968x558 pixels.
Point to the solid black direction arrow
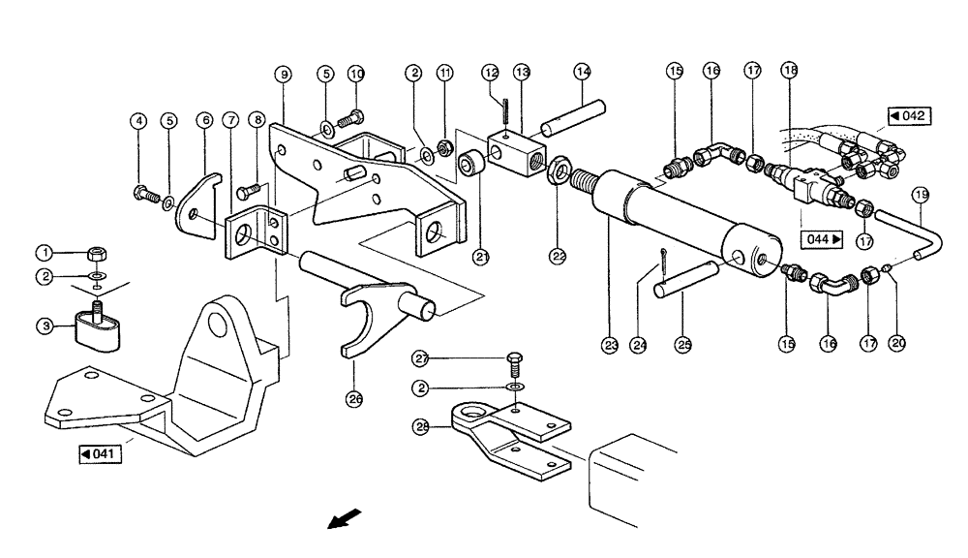click(340, 522)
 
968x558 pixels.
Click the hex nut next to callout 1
click(99, 254)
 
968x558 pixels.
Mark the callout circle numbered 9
click(282, 74)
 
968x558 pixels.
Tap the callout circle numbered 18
click(791, 72)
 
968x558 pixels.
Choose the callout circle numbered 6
click(203, 120)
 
